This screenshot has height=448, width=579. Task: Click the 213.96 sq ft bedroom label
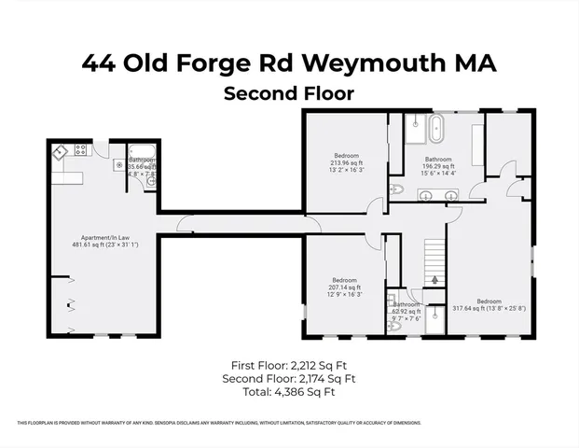(347, 162)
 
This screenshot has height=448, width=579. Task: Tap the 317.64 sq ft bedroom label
(489, 307)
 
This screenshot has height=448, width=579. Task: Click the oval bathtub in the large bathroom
(438, 129)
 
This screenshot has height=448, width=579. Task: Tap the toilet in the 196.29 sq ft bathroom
(394, 190)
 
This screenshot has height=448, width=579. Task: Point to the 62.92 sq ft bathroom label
(407, 310)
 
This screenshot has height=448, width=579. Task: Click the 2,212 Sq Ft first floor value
(319, 365)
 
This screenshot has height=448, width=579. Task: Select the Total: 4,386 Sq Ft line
(289, 392)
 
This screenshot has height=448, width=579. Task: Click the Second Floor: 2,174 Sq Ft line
(289, 379)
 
